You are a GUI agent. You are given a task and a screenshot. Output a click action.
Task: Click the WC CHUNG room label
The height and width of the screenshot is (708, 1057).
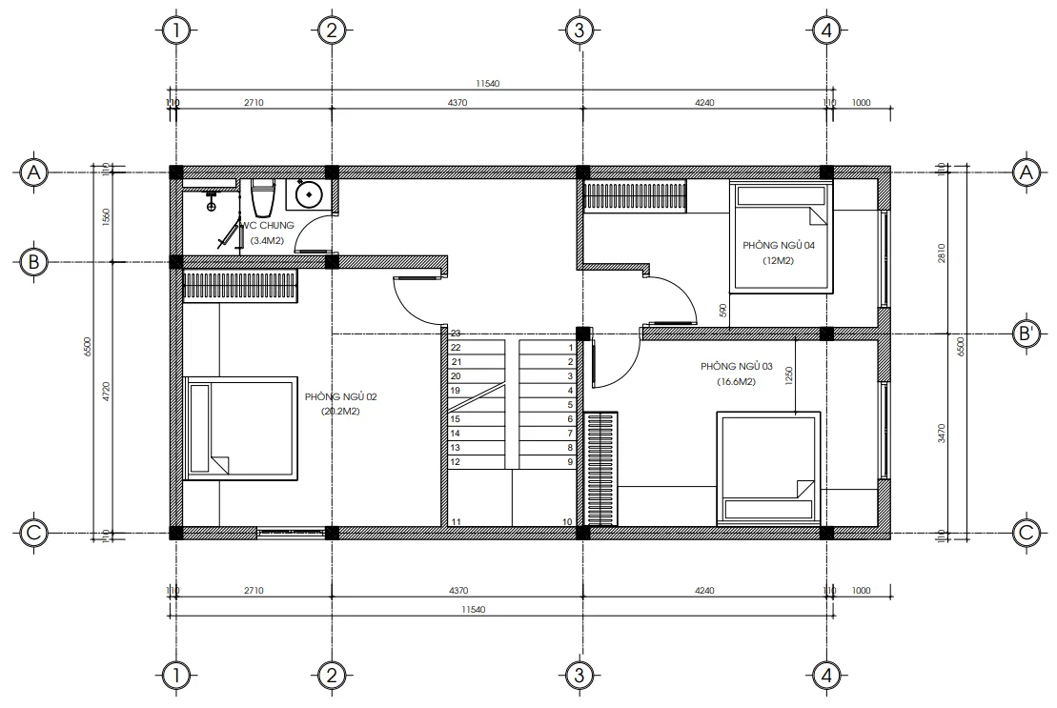[x=268, y=226]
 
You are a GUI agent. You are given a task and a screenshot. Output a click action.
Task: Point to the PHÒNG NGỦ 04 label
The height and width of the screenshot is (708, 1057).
[x=779, y=245]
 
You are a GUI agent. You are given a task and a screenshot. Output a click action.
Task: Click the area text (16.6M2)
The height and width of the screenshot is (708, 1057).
[x=736, y=382]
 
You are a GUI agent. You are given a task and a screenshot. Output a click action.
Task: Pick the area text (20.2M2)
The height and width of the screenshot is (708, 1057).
[x=339, y=412]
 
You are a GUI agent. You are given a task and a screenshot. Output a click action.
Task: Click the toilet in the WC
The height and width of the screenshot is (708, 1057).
[x=262, y=197]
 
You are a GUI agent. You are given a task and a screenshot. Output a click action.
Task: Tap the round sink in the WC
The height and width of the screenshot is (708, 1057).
[x=308, y=195]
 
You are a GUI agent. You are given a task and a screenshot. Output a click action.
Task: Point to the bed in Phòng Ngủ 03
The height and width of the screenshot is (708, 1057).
[x=768, y=467]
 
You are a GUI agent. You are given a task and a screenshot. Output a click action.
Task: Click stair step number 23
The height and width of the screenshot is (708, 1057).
[x=456, y=334]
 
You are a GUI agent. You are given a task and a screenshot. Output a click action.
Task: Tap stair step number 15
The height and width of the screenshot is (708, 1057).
[x=456, y=419]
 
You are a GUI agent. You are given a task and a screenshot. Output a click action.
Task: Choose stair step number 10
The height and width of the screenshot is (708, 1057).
[x=567, y=521]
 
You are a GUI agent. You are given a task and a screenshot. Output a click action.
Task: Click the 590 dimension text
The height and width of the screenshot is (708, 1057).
[x=723, y=311]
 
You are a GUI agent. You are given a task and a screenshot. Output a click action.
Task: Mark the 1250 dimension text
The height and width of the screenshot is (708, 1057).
[x=789, y=376]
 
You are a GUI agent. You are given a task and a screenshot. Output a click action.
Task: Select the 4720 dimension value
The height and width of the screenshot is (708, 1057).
[x=107, y=391]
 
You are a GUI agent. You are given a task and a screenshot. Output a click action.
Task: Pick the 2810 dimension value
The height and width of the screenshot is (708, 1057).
[x=942, y=253]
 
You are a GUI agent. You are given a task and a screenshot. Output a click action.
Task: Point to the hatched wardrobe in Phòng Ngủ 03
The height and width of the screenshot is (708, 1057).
[x=600, y=468]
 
